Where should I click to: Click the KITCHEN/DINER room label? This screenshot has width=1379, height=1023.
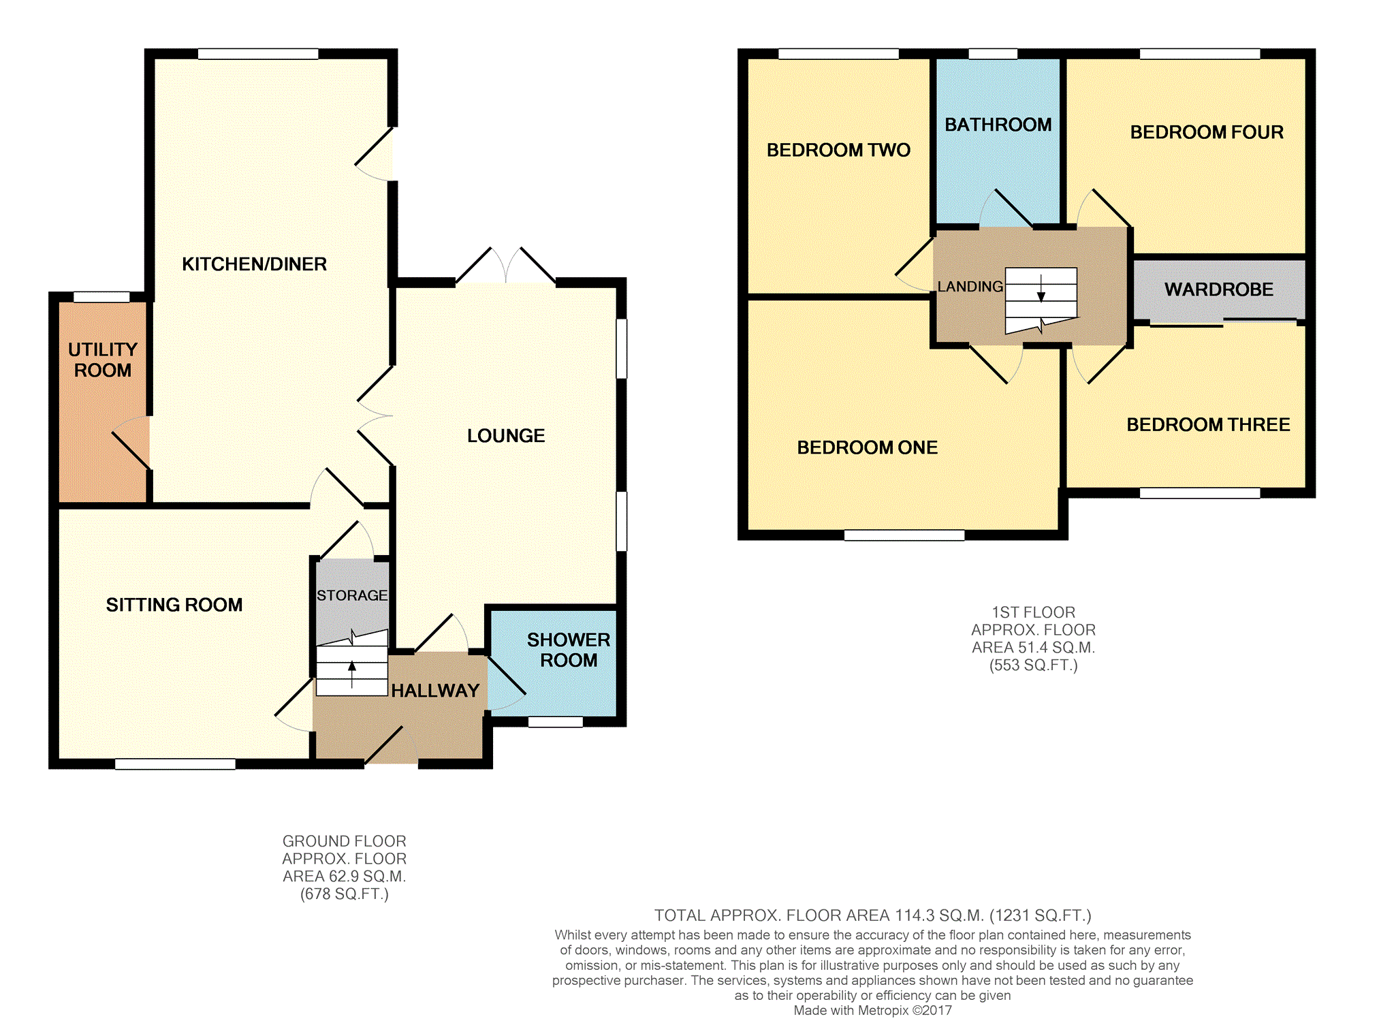pyautogui.click(x=254, y=264)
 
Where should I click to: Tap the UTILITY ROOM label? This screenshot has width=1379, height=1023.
pyautogui.click(x=103, y=360)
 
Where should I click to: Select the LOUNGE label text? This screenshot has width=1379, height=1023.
pyautogui.click(x=506, y=436)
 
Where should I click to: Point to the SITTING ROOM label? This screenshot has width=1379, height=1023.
pyautogui.click(x=174, y=605)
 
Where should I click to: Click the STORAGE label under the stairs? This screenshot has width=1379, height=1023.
pyautogui.click(x=352, y=595)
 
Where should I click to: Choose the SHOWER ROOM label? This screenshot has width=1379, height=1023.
pyautogui.click(x=569, y=650)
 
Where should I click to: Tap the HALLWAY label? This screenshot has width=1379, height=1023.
pyautogui.click(x=435, y=691)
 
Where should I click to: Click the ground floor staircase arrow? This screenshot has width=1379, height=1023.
pyautogui.click(x=352, y=675)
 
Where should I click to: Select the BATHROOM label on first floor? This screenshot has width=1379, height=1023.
pyautogui.click(x=998, y=125)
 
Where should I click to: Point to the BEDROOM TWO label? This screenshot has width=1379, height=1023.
pyautogui.click(x=838, y=150)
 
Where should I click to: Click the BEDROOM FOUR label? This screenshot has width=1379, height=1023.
pyautogui.click(x=1207, y=132)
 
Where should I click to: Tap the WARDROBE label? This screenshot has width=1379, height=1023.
pyautogui.click(x=1219, y=289)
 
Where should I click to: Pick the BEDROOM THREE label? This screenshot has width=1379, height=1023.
pyautogui.click(x=1208, y=425)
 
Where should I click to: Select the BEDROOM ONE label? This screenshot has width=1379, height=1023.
pyautogui.click(x=868, y=447)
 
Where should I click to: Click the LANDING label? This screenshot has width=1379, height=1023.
pyautogui.click(x=970, y=287)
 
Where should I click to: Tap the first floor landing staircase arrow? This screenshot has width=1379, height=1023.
pyautogui.click(x=1041, y=287)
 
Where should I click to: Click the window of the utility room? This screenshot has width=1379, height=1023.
pyautogui.click(x=101, y=297)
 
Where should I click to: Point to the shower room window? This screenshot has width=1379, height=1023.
pyautogui.click(x=556, y=722)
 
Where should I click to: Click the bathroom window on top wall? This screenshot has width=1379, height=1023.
pyautogui.click(x=993, y=54)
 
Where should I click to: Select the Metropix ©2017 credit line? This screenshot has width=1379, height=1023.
pyautogui.click(x=873, y=1010)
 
